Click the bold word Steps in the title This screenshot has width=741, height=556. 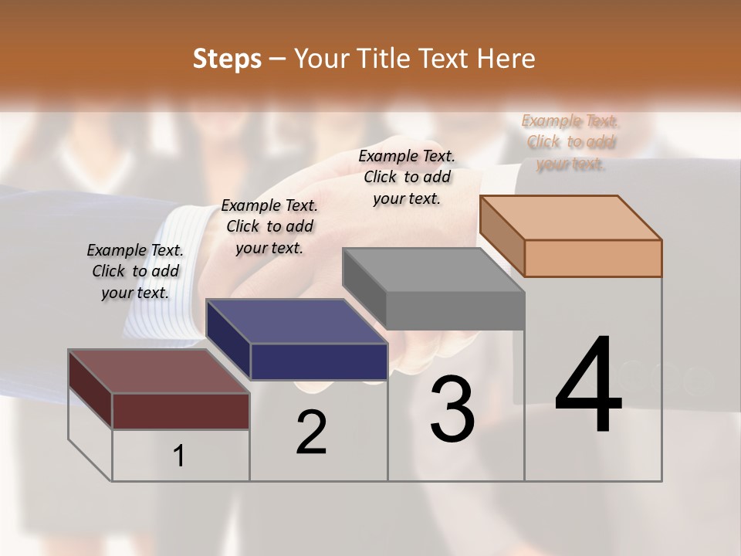226,59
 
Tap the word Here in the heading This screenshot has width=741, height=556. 506,59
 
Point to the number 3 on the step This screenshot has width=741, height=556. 452,409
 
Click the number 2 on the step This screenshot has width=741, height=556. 311,432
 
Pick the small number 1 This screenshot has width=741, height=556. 179,456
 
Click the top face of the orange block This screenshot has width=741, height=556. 571,217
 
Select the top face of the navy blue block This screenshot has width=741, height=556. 296,321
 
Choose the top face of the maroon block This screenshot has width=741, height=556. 159,371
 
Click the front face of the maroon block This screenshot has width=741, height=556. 181,411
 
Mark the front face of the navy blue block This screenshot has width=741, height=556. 319,361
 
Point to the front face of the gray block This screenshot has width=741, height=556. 455,310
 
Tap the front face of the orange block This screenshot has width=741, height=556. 593,258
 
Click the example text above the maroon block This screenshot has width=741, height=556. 135,271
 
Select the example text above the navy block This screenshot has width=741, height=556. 269,226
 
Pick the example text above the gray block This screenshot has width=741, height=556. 407,177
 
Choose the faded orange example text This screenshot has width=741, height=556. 570,142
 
